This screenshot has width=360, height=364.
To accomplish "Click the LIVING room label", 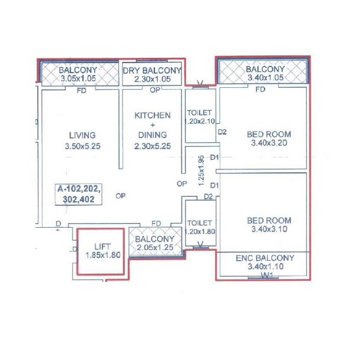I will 82,135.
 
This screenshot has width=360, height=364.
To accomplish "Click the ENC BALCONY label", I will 265,258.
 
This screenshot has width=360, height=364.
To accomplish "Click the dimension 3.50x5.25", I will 81,146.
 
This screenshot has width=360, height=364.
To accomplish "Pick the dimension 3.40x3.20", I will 269,142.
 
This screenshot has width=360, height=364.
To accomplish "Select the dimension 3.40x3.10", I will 268,229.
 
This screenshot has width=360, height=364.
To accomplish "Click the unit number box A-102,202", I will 79,189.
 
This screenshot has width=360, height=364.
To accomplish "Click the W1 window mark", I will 266,274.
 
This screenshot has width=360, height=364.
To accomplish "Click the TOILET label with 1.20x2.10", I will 199,116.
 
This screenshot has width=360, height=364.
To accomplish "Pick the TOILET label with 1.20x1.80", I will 199,228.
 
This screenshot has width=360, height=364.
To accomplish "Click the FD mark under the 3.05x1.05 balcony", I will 82,91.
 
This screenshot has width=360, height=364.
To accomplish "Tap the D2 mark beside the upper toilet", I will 223,132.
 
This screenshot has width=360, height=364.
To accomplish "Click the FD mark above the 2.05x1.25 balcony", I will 156,223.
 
